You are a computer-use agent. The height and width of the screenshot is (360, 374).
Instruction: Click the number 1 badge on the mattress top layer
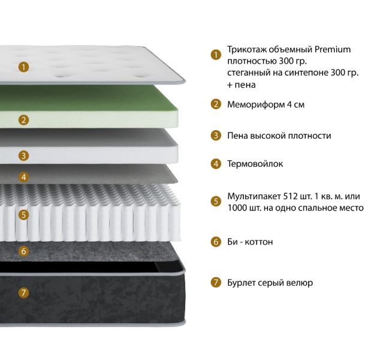(23, 67)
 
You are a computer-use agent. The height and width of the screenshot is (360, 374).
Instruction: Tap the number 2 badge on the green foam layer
(23, 120)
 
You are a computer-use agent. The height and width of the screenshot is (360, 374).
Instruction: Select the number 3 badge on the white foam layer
(23, 156)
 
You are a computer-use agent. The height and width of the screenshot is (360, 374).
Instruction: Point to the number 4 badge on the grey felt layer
(23, 177)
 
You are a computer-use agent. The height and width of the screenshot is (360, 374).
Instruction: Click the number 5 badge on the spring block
(23, 214)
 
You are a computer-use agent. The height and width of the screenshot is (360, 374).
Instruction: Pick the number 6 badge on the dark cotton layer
(23, 251)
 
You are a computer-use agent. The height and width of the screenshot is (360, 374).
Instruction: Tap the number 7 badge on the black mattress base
(23, 293)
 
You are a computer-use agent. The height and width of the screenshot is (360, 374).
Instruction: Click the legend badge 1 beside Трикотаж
(216, 55)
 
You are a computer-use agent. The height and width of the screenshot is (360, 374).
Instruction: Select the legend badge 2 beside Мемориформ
(216, 104)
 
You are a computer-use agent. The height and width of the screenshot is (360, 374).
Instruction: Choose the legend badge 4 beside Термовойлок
(216, 163)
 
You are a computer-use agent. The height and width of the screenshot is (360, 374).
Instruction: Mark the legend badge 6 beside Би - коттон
(216, 242)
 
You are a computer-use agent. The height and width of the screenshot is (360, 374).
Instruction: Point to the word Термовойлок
(255, 163)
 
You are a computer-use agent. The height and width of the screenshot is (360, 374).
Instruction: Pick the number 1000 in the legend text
(238, 208)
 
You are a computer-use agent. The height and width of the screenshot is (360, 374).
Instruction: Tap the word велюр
(300, 283)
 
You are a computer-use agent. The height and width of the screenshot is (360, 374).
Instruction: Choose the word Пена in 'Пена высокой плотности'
(238, 136)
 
